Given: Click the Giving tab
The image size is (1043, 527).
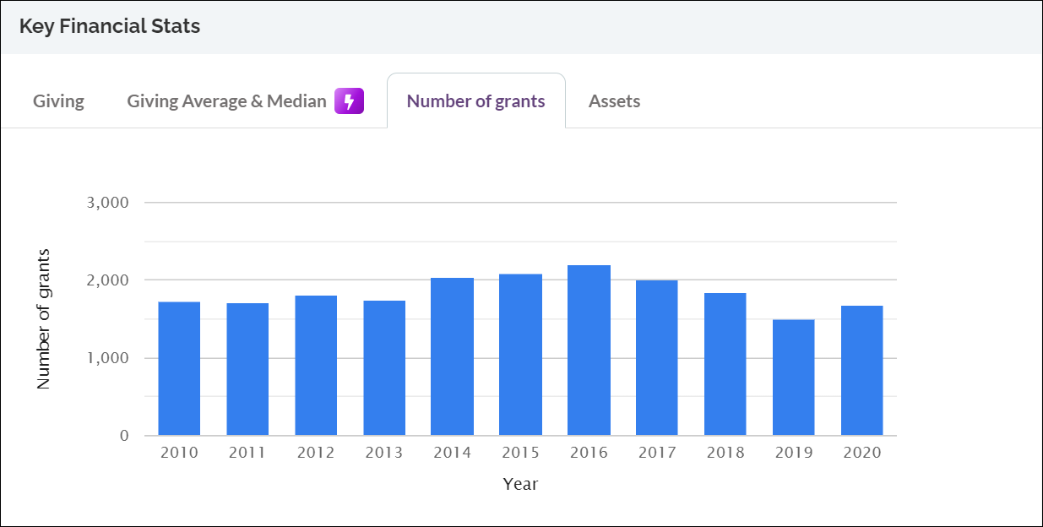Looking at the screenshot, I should [x=58, y=101].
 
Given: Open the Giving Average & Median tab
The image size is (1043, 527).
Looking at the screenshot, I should [x=226, y=101].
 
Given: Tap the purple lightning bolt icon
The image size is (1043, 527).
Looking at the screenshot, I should [x=349, y=101].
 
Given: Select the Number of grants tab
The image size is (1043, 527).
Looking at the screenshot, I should [x=475, y=101].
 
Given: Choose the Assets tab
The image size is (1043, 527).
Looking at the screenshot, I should [x=614, y=101].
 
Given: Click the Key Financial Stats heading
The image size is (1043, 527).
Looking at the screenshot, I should [x=110, y=26].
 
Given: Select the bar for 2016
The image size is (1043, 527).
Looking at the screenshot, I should [x=589, y=350].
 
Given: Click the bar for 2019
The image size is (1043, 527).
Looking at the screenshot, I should [x=794, y=378].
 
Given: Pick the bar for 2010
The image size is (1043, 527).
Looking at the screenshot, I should [x=179, y=368].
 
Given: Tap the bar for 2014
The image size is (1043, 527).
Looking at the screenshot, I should [x=452, y=356].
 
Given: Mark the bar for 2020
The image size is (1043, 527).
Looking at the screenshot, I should [x=861, y=371].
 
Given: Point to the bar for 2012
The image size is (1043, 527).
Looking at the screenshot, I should [x=316, y=365].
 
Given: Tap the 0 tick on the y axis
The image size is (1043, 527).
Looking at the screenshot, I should [x=123, y=436].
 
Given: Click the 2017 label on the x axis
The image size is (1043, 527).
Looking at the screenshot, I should [x=657, y=454].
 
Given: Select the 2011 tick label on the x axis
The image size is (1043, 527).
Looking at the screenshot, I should [x=247, y=454].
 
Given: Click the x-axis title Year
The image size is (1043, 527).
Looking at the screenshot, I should [x=520, y=485].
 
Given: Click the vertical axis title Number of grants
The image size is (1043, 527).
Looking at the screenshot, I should [x=44, y=319].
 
